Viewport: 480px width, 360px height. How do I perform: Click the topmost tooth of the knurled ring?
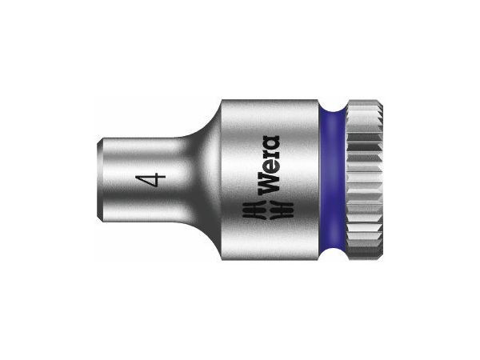click(364, 100)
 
